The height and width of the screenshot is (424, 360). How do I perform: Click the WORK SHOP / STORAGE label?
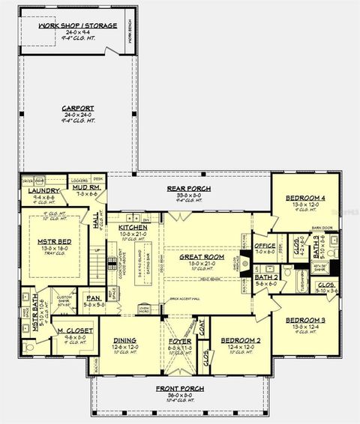pyautogui.click(x=78, y=25)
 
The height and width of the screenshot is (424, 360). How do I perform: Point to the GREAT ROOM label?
pyautogui.click(x=197, y=256)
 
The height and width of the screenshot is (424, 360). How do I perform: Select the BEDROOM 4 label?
pyautogui.click(x=305, y=198)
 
